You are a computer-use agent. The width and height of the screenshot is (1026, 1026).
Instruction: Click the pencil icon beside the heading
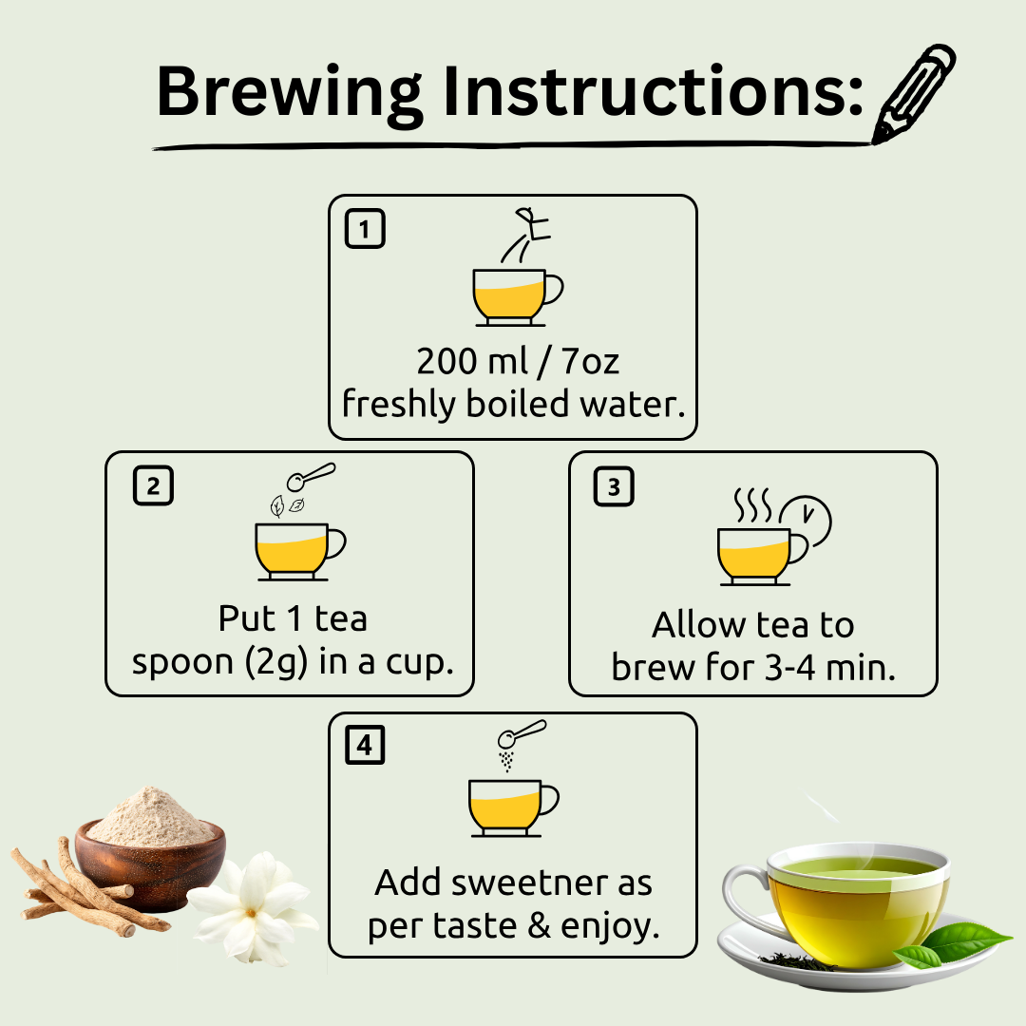(x=914, y=93)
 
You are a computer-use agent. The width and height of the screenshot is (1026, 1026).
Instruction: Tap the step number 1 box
(x=365, y=228)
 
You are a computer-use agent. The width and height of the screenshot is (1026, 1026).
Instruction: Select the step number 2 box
(x=153, y=485)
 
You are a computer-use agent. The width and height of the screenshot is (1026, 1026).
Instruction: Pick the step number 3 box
(x=614, y=486)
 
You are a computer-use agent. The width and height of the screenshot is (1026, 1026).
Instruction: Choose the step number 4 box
(x=365, y=745)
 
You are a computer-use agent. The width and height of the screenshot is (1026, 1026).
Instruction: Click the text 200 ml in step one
(x=472, y=361)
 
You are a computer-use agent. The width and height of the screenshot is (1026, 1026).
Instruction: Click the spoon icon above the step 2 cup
(x=311, y=476)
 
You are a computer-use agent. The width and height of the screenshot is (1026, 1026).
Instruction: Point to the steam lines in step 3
(x=751, y=504)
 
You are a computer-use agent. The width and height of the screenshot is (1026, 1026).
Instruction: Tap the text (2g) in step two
(x=275, y=663)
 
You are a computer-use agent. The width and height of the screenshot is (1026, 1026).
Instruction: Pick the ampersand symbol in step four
(x=540, y=926)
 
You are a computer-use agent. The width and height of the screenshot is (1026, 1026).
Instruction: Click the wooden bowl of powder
(x=150, y=847)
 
